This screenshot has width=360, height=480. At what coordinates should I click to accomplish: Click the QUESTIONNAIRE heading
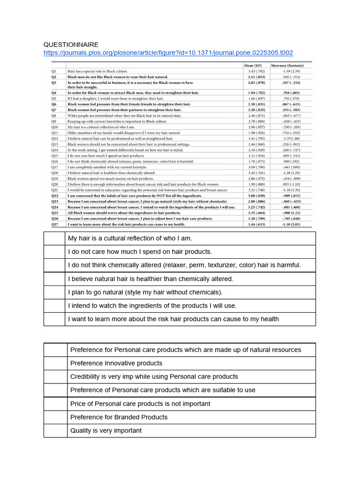coord(71,45)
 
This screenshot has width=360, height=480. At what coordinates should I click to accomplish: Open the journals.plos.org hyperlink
coord(168,53)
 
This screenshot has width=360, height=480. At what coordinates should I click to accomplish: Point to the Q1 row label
coord(54,70)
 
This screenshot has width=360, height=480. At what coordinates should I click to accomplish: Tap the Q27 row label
coord(55,225)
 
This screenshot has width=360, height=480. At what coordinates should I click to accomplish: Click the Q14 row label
coord(55,150)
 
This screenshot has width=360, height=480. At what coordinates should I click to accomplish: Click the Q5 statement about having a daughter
coord(115,98)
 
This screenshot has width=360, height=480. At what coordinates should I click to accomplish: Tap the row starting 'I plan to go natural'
coord(145,292)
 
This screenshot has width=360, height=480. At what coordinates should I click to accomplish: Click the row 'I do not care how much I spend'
coord(140,252)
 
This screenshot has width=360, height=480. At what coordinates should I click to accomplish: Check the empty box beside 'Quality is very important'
coord(55,430)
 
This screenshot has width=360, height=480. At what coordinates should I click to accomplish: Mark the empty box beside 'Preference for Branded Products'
coord(55,417)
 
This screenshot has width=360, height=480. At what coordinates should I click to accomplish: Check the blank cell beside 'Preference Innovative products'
coord(55,363)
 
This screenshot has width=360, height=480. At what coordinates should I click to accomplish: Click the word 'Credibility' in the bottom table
coord(87,376)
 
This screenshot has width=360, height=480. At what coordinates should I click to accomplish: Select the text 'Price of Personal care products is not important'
coord(140,404)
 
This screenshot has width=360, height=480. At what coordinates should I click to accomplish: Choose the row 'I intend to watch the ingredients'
coord(152,306)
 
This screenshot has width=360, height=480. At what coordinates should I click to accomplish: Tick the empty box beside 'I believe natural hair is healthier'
coord(54,278)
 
